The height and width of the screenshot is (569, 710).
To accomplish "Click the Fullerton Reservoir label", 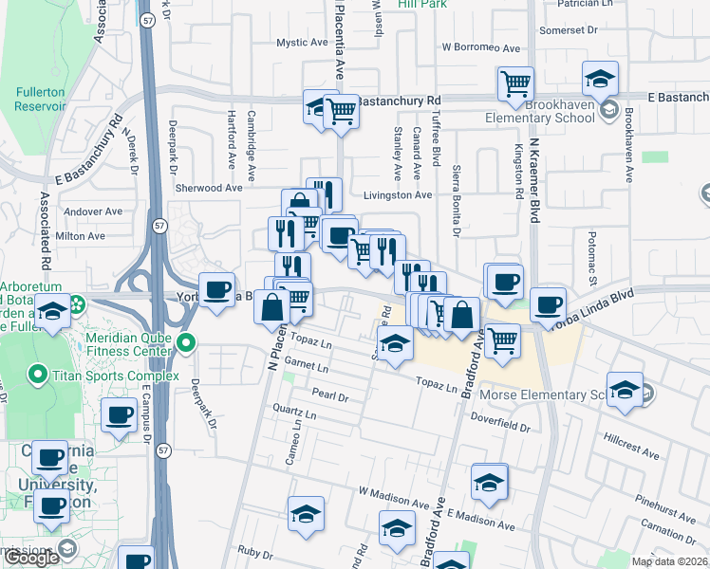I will [x=40, y=99].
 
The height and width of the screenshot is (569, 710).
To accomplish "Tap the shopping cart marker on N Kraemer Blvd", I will [x=515, y=83].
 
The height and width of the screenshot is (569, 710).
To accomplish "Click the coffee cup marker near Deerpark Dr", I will [x=216, y=288].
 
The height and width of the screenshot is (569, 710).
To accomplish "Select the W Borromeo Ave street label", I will [x=481, y=47].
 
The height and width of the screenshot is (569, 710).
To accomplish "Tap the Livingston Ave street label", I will [x=398, y=194].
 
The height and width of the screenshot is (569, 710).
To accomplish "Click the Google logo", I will [x=31, y=558].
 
